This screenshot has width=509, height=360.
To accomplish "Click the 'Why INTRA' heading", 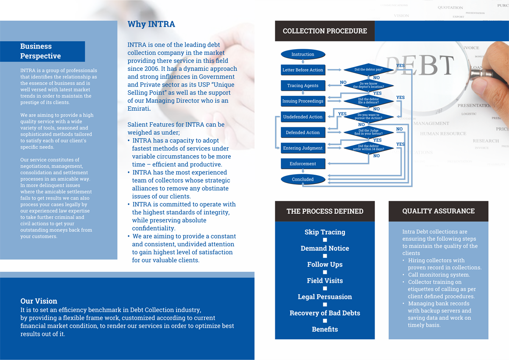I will point(151,24).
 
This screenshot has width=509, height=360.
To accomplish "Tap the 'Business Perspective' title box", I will point(42,51).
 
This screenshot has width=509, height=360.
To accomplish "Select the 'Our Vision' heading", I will point(39,301).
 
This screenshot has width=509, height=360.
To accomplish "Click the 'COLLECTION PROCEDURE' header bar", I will point(324,31).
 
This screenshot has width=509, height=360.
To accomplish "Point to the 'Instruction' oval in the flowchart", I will point(303,54).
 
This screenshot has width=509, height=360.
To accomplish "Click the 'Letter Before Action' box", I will point(303,70).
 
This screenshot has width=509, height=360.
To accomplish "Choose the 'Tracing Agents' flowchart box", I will point(303,86).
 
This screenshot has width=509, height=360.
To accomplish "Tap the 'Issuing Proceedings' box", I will point(303,101).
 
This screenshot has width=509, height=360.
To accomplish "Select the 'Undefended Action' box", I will point(303,117).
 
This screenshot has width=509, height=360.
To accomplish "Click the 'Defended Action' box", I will point(303,133).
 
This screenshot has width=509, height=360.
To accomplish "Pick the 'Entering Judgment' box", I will point(303,148).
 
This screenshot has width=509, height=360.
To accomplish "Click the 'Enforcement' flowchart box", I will point(303,164).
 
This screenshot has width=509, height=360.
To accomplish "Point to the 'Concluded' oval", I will point(303,179).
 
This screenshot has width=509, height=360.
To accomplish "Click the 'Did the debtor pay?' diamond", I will point(368,70).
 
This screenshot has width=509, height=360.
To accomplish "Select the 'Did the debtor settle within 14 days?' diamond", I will point(368,148).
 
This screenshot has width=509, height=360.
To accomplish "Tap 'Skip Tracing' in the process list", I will point(325,232).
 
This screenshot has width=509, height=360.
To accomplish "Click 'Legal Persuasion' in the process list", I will point(325,297).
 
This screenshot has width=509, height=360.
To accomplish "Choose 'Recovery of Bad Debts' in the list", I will point(325,313).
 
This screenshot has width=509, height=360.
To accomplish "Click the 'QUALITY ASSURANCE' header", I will point(438,211).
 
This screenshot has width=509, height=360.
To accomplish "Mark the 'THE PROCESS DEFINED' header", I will point(325,211).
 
